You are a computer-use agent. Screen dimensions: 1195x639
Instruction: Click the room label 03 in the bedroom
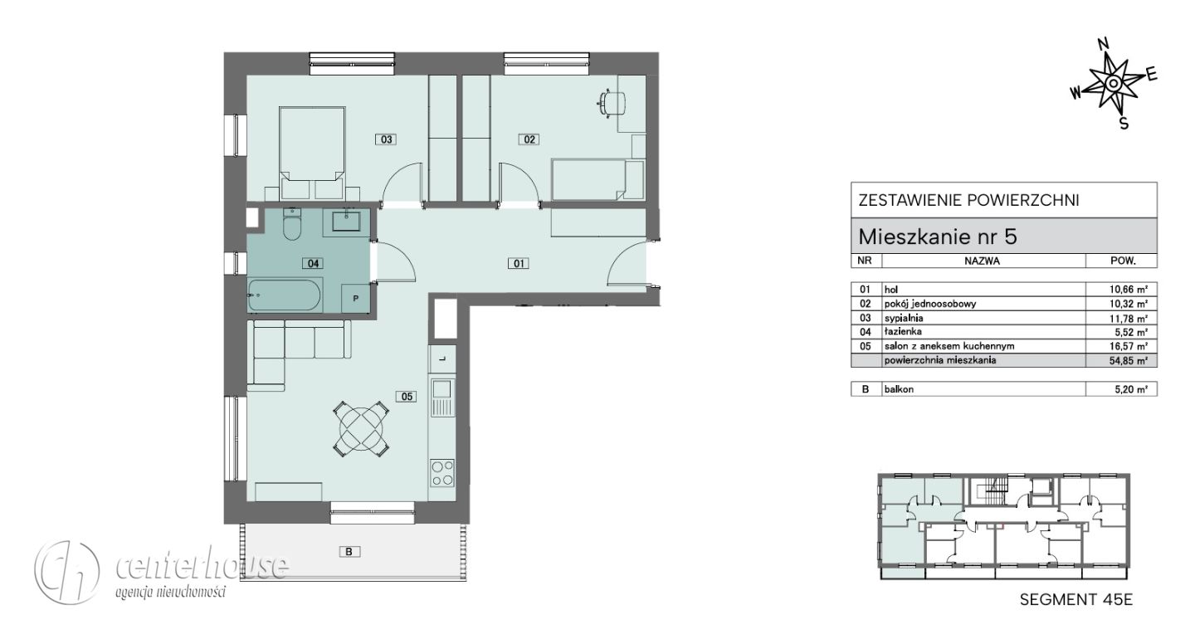coord(386,139)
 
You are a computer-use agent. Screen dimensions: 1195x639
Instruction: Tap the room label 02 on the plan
coord(529,139)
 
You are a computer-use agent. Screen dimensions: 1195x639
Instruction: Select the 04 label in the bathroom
coord(313,264)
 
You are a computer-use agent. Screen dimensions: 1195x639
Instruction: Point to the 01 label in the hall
coord(519,263)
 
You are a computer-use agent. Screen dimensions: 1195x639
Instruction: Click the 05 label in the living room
coord(407,397)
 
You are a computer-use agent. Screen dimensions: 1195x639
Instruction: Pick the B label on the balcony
coord(349,552)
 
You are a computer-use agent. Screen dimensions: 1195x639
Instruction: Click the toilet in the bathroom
coord(292,225)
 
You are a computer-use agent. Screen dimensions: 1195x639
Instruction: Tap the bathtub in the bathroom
coord(285,295)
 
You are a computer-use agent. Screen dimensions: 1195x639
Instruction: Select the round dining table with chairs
coord(362,429)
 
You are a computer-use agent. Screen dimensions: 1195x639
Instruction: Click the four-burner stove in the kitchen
coord(442,473)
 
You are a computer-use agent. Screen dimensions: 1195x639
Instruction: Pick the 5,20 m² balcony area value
coord(1131,389)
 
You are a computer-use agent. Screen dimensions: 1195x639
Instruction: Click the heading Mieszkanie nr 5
coord(938,237)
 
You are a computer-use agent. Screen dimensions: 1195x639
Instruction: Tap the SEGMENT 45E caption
coord(1076,599)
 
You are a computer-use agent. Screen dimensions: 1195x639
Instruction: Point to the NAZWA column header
coord(983,261)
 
